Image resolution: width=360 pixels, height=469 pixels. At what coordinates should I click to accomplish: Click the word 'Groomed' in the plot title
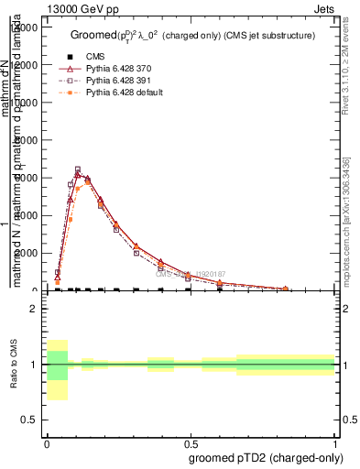tap(91, 35)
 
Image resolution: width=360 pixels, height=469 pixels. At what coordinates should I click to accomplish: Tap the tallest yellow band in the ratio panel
tap(57, 370)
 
